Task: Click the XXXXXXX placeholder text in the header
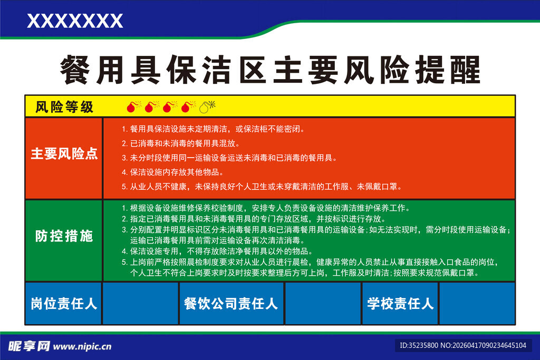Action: click(75, 21)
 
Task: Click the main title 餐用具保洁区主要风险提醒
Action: click(270, 70)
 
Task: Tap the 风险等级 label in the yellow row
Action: click(64, 107)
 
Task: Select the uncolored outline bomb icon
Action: click(207, 106)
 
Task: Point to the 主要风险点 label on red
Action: click(64, 153)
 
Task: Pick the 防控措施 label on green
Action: click(64, 236)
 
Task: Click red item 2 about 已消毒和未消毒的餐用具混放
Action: click(181, 143)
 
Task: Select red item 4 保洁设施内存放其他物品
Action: click(173, 172)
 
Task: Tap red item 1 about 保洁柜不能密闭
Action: click(213, 129)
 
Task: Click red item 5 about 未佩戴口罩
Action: click(262, 187)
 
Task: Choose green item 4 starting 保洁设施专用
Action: click(217, 251)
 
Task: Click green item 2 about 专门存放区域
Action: click(254, 219)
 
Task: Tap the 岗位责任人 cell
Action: click(64, 304)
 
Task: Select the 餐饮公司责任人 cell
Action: click(232, 304)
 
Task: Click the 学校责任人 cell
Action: click(400, 304)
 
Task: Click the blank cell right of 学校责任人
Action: click(477, 304)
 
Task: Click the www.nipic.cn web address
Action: click(82, 347)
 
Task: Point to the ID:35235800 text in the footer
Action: click(419, 345)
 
